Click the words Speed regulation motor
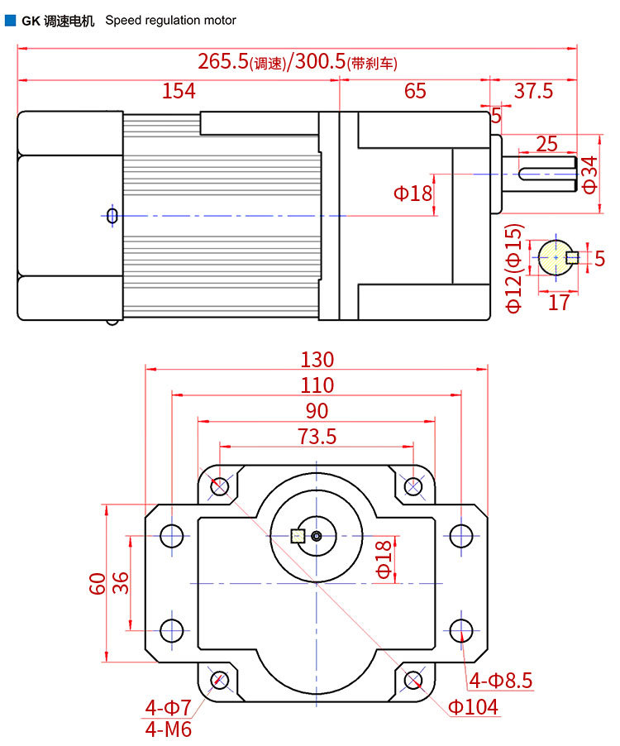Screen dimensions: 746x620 point(170,20)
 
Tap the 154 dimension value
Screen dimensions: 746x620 point(179,91)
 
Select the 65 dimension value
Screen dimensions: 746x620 point(415,91)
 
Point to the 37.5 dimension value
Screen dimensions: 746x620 point(533,91)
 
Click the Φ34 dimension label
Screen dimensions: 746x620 point(589,175)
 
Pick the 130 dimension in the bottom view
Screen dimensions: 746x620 point(317,360)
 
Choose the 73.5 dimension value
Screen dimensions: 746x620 point(317,436)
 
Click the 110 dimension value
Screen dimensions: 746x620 point(317,385)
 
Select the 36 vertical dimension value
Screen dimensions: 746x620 point(121,583)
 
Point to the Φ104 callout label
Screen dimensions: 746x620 point(473,707)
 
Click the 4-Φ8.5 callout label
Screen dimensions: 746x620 point(501,681)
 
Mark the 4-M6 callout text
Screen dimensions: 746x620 point(169,729)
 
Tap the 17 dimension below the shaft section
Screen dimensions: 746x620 point(559,303)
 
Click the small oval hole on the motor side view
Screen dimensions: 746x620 point(112,216)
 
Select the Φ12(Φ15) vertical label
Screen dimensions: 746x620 point(514,267)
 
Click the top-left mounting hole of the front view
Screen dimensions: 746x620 point(220,486)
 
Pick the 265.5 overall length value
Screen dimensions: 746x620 point(223,61)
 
